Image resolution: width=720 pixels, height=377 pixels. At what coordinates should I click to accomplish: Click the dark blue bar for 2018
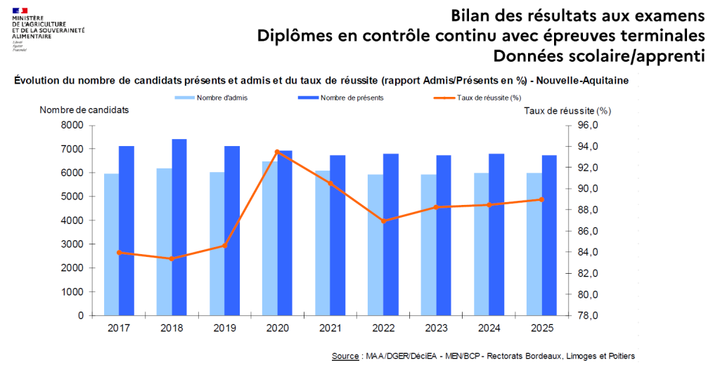pyautogui.click(x=179, y=227)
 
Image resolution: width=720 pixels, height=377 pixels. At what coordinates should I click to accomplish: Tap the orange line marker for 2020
pyautogui.click(x=278, y=152)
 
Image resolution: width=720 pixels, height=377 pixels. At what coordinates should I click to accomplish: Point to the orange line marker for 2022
pyautogui.click(x=383, y=220)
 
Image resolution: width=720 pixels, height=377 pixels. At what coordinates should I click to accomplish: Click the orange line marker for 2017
pyautogui.click(x=120, y=252)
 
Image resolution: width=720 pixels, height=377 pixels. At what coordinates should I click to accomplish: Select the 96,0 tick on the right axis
pyautogui.click(x=588, y=125)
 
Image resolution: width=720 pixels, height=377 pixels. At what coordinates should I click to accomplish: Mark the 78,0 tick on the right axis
pyautogui.click(x=588, y=315)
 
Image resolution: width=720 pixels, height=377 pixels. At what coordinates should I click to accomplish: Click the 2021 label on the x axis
pyautogui.click(x=330, y=328)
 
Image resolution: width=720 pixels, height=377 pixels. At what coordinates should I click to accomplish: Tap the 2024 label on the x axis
pyautogui.click(x=489, y=328)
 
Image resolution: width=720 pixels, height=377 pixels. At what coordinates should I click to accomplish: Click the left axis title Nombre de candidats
pyautogui.click(x=84, y=110)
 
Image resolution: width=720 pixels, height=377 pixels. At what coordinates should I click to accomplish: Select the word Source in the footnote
pyautogui.click(x=346, y=357)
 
